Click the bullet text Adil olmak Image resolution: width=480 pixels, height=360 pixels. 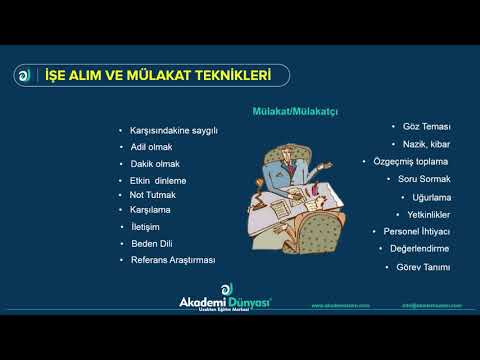[152, 147]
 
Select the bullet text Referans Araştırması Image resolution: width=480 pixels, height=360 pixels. [173, 260]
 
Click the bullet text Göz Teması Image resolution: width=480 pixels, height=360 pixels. [427, 128]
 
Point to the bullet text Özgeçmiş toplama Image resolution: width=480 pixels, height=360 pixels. [410, 161]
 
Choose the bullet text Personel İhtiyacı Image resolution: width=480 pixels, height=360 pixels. [418, 231]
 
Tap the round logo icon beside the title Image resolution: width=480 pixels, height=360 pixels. [24, 75]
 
